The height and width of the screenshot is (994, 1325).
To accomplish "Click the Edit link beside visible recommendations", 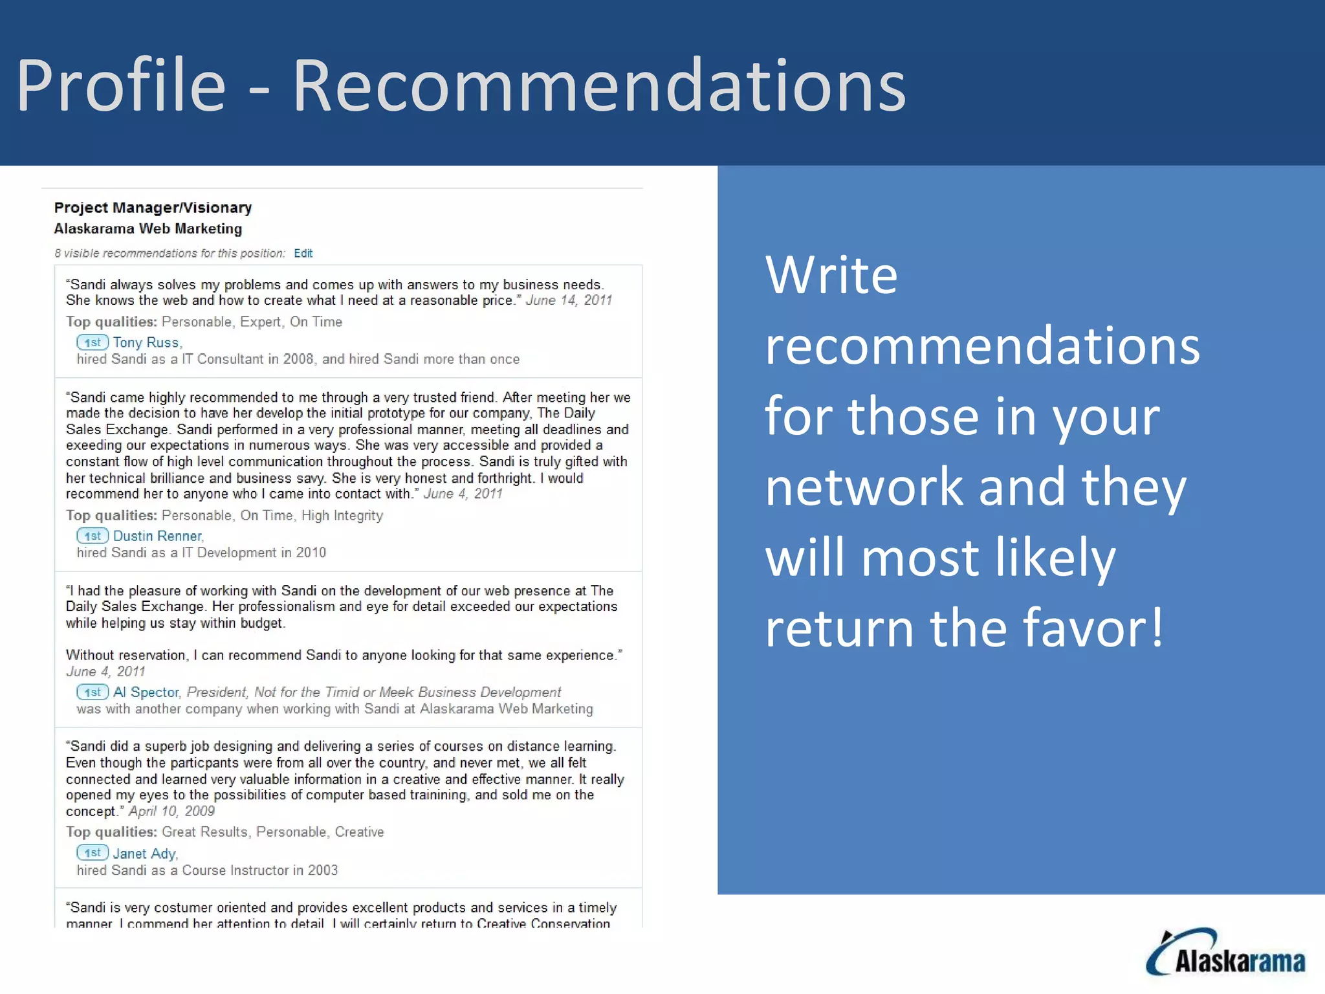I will click(x=303, y=254).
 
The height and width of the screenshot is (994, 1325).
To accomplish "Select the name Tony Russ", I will click(x=146, y=342).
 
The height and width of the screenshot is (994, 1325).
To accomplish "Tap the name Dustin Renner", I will click(x=157, y=536).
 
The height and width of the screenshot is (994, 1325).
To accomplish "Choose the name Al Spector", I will click(x=146, y=692).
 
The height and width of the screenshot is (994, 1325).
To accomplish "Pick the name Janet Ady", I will click(x=144, y=854).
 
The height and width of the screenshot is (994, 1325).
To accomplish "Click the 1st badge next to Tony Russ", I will click(x=93, y=342).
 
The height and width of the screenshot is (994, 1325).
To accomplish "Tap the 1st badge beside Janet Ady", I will click(x=93, y=853).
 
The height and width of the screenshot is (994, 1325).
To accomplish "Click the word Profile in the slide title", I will click(x=121, y=85).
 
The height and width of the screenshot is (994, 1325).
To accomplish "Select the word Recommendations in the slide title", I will click(x=599, y=85).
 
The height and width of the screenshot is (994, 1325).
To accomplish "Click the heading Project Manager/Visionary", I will click(x=153, y=208).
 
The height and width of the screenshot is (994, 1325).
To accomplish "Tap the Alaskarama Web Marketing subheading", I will click(x=148, y=229).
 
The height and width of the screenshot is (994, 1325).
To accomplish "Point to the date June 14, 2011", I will click(x=569, y=300).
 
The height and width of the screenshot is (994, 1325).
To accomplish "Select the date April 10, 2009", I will click(x=171, y=812).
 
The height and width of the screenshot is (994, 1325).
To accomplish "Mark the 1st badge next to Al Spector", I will click(x=93, y=692).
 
